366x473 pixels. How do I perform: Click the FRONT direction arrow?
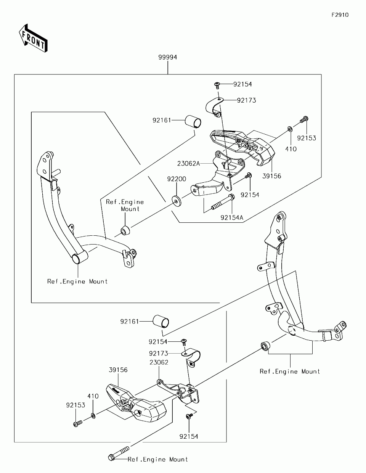pyautogui.click(x=33, y=38)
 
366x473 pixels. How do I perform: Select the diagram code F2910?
pyautogui.click(x=340, y=15)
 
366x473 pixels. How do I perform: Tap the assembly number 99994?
pyautogui.click(x=168, y=57)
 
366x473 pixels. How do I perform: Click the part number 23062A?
pyautogui.click(x=188, y=163)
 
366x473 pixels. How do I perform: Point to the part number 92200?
pyautogui.click(x=176, y=179)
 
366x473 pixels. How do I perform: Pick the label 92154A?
pyautogui.click(x=232, y=217)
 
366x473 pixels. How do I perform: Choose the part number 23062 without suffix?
pyautogui.click(x=159, y=362)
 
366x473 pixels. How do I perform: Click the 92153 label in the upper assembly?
pyautogui.click(x=307, y=138)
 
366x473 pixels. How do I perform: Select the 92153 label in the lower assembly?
pyautogui.click(x=75, y=405)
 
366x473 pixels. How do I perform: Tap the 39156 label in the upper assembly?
pyautogui.click(x=271, y=176)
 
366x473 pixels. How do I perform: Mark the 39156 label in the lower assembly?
pyautogui.click(x=118, y=370)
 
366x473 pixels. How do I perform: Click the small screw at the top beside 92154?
pyautogui.click(x=217, y=84)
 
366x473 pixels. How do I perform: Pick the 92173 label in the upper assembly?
pyautogui.click(x=246, y=100)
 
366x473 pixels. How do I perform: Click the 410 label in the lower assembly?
pyautogui.click(x=93, y=396)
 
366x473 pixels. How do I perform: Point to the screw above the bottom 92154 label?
pyautogui.click(x=189, y=417)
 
